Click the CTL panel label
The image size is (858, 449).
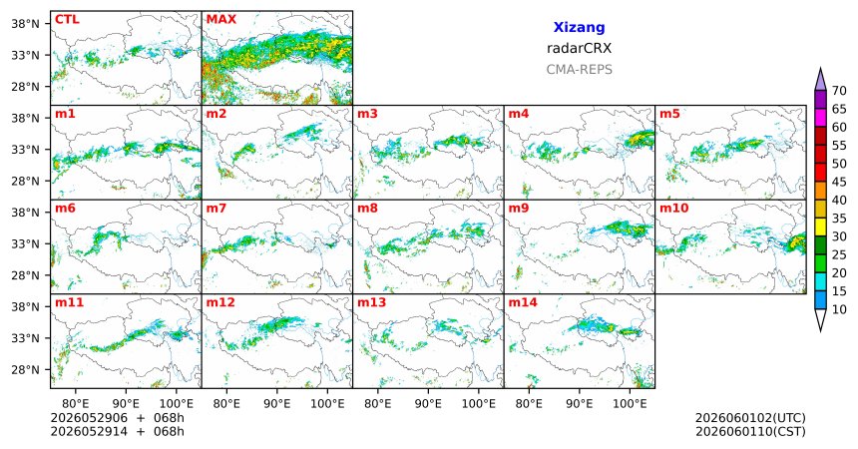click(x=67, y=19)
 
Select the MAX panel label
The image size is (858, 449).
click(x=221, y=19)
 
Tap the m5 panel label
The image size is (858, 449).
click(x=669, y=114)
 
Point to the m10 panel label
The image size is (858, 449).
click(x=674, y=209)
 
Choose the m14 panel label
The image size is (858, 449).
click(x=523, y=302)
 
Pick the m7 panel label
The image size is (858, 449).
click(x=216, y=209)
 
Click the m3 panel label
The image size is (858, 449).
click(x=368, y=114)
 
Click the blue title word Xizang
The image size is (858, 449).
click(x=579, y=27)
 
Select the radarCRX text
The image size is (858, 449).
click(x=579, y=48)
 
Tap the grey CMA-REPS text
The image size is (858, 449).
click(x=579, y=70)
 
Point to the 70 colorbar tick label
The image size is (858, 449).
click(x=839, y=91)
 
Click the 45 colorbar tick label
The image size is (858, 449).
click(x=839, y=182)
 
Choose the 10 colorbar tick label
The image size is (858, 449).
click(x=839, y=309)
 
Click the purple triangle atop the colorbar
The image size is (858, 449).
click(x=820, y=80)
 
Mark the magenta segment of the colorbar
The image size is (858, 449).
click(x=820, y=118)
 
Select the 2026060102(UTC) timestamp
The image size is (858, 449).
click(x=750, y=418)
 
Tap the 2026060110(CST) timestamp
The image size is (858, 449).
click(x=750, y=431)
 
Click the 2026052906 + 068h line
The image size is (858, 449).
click(x=117, y=418)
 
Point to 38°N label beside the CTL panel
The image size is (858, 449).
click(x=26, y=24)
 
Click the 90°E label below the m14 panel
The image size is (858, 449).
click(x=579, y=404)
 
